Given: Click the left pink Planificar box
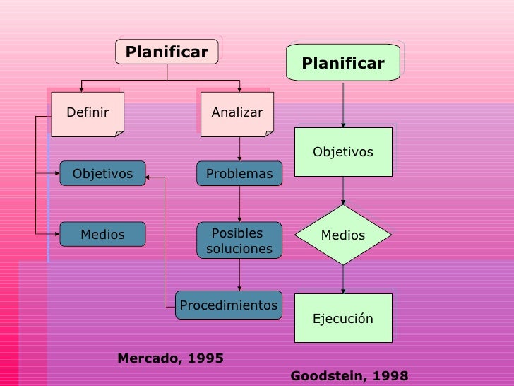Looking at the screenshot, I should [167, 52].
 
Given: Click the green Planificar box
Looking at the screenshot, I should [343, 64].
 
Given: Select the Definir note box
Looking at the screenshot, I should [88, 113].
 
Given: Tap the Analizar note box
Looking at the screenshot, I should [237, 113].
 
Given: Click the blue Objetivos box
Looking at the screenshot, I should [102, 173].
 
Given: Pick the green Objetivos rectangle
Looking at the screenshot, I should [343, 152].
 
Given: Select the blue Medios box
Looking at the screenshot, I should [102, 234].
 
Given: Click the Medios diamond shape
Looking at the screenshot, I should [343, 235].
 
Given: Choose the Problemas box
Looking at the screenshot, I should [239, 174].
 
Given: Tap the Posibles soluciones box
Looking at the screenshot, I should [239, 241].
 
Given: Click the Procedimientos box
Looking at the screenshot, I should [229, 305].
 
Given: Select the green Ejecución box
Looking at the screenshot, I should [343, 318].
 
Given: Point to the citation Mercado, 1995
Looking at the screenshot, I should [170, 358].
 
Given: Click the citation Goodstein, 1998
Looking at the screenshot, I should [349, 375].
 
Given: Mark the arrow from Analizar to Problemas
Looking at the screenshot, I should [239, 148].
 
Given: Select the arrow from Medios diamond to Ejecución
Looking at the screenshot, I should [343, 280].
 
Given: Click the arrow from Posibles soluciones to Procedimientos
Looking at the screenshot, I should [239, 274].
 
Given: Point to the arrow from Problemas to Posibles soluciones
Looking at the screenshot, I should [239, 204].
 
